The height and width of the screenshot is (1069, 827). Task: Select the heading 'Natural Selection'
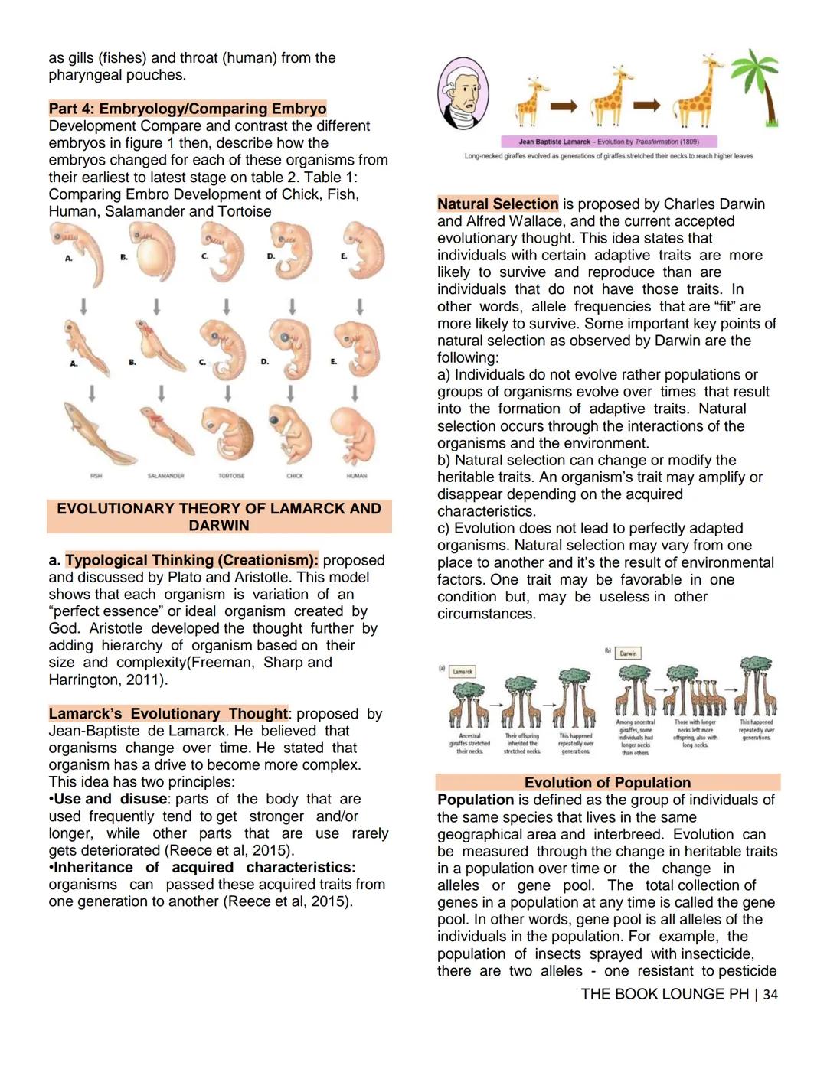[498, 204]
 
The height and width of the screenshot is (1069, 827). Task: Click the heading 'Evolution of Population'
[607, 782]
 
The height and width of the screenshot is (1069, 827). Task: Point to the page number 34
[770, 994]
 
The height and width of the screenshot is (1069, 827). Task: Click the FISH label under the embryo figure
[96, 476]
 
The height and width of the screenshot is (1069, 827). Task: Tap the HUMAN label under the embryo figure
[357, 476]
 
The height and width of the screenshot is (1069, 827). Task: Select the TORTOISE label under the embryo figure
[231, 476]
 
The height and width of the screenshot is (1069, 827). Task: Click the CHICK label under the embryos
[295, 476]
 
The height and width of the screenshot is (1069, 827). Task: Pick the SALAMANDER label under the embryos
[165, 476]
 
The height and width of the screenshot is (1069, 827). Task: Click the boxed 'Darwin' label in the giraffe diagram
[628, 653]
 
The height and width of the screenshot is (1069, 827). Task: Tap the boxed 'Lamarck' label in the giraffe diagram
[463, 672]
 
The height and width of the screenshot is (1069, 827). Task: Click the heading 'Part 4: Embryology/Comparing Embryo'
[188, 109]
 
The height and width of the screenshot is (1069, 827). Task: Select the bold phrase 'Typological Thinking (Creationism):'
[191, 560]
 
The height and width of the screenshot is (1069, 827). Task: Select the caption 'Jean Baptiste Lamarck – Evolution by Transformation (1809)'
[609, 142]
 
